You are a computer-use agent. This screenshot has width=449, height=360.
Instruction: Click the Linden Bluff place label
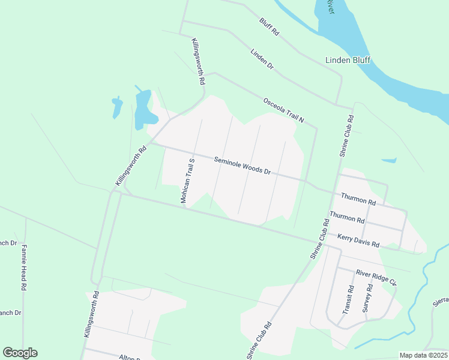click(348, 60)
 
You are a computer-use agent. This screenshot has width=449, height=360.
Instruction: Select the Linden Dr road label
click(262, 58)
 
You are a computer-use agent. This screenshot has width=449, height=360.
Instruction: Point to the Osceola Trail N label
click(283, 111)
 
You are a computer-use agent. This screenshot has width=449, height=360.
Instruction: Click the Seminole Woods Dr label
click(243, 166)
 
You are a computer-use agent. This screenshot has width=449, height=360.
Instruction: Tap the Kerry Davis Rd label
click(358, 241)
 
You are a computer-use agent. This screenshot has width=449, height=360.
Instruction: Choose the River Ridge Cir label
click(376, 277)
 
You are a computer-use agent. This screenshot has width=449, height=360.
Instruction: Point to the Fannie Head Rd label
click(25, 268)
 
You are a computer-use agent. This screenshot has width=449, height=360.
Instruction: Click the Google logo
click(20, 353)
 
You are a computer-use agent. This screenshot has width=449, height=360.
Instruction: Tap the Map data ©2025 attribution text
click(423, 355)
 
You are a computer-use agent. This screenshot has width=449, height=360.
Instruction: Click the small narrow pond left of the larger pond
click(116, 107)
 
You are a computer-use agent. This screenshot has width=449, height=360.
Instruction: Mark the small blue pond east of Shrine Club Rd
click(389, 160)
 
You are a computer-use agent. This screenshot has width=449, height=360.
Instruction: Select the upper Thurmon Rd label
click(358, 197)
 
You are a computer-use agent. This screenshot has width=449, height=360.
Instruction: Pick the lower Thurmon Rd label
click(347, 217)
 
